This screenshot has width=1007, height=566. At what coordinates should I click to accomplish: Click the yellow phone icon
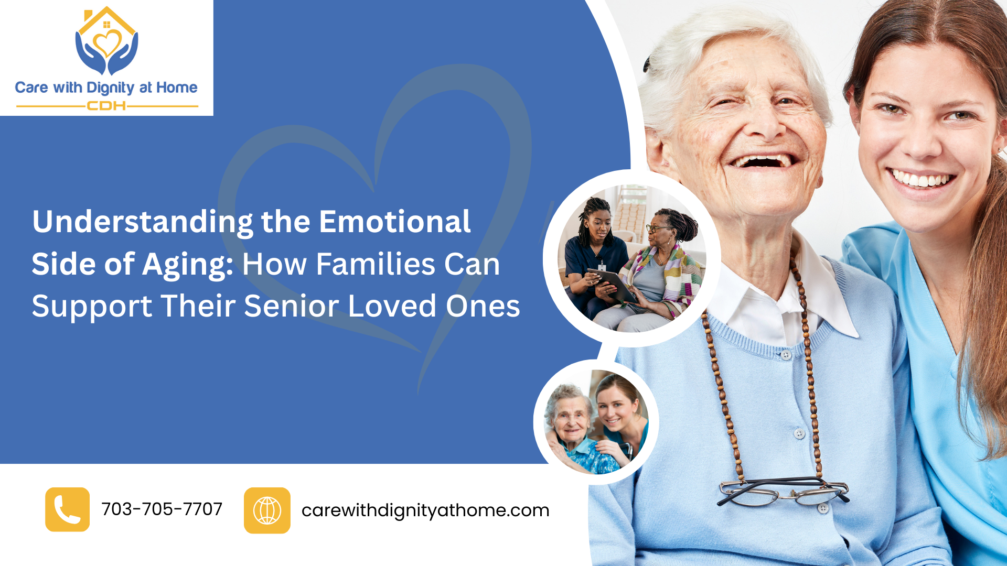click(x=67, y=509)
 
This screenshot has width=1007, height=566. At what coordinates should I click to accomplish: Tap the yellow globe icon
click(x=267, y=510)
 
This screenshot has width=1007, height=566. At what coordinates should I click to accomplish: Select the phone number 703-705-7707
click(x=162, y=509)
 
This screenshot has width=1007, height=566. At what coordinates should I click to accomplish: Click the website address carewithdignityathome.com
click(x=425, y=510)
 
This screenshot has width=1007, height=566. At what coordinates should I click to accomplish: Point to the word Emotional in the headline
click(x=395, y=222)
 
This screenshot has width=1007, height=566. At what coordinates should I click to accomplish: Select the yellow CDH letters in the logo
click(x=106, y=106)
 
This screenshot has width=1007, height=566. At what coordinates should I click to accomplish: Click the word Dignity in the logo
click(x=111, y=88)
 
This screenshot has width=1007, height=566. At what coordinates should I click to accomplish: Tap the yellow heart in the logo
click(x=107, y=44)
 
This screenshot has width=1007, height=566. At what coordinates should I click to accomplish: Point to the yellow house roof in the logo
click(x=107, y=19)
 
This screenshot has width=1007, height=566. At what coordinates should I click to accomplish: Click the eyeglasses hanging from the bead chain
click(x=783, y=491)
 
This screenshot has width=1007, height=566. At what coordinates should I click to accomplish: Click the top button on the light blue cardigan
click(x=786, y=355)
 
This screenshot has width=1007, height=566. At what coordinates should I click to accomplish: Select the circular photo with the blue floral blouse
click(x=596, y=422)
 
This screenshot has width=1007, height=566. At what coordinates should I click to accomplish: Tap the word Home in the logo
click(x=177, y=88)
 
